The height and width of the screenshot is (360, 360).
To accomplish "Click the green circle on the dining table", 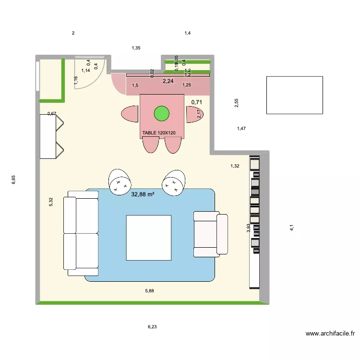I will click(x=162, y=114).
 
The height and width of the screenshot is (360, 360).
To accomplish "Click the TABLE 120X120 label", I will click(x=159, y=133).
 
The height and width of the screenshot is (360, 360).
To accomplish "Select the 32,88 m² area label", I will click(x=143, y=194).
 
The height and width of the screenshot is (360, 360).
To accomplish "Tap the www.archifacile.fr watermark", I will click(x=330, y=334).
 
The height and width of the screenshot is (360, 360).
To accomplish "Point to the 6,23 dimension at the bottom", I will click(x=152, y=326).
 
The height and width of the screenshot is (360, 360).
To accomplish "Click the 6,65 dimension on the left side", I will click(x=14, y=180).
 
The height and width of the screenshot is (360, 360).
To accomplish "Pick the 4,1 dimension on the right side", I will click(x=291, y=228).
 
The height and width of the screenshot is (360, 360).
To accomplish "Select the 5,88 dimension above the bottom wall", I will click(x=150, y=290).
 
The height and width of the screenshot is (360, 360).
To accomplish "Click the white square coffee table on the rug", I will click(x=149, y=238).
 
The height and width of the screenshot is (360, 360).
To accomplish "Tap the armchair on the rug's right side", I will click(x=210, y=233).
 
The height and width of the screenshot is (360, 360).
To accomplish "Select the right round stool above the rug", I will click(x=173, y=182).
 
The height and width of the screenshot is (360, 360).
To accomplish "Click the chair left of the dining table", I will click(x=130, y=114).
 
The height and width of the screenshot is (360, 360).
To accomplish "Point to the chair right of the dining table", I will click(x=194, y=114).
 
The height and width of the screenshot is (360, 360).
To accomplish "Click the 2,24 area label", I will click(x=168, y=81).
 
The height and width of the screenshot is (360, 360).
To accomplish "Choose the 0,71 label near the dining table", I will click(x=196, y=102).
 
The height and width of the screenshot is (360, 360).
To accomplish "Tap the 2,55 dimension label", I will click(x=236, y=103).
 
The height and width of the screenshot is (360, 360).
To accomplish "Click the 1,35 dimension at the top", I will click(x=136, y=48).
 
